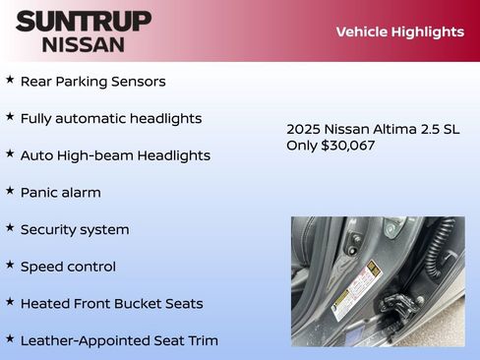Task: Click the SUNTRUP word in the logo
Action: [x=84, y=20]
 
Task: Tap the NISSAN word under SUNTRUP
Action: [x=84, y=43]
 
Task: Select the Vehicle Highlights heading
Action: [x=399, y=31]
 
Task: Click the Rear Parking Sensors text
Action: [x=92, y=82]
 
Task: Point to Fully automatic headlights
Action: [x=111, y=118]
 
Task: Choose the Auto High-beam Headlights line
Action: [x=115, y=155]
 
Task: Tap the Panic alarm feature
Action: [x=60, y=193]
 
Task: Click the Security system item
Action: [x=75, y=229]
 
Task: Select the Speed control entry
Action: [x=68, y=267]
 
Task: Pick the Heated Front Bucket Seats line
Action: [x=111, y=304]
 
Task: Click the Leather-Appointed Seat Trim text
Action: [x=119, y=340]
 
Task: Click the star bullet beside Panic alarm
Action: [x=10, y=191]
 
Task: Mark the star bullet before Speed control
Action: [x=10, y=265]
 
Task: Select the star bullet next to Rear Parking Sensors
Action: [x=10, y=80]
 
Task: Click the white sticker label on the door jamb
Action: [x=355, y=289]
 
